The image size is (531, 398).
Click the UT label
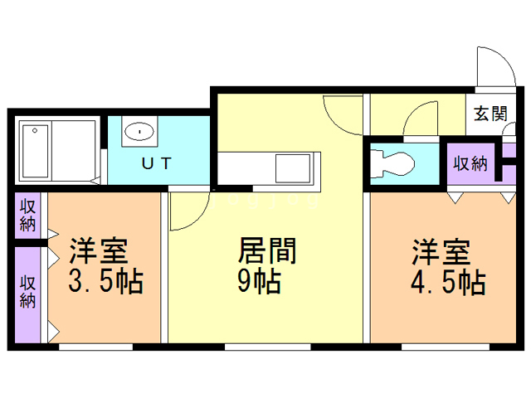pyautogui.click(x=156, y=163)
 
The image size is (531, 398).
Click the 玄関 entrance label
pyautogui.click(x=490, y=114)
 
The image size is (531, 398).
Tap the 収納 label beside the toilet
pyautogui.click(x=470, y=163)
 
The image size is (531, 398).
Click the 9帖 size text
pyautogui.click(x=258, y=282)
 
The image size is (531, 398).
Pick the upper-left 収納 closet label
pyautogui.click(x=28, y=214)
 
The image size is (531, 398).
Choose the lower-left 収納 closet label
pyautogui.click(x=28, y=289)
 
